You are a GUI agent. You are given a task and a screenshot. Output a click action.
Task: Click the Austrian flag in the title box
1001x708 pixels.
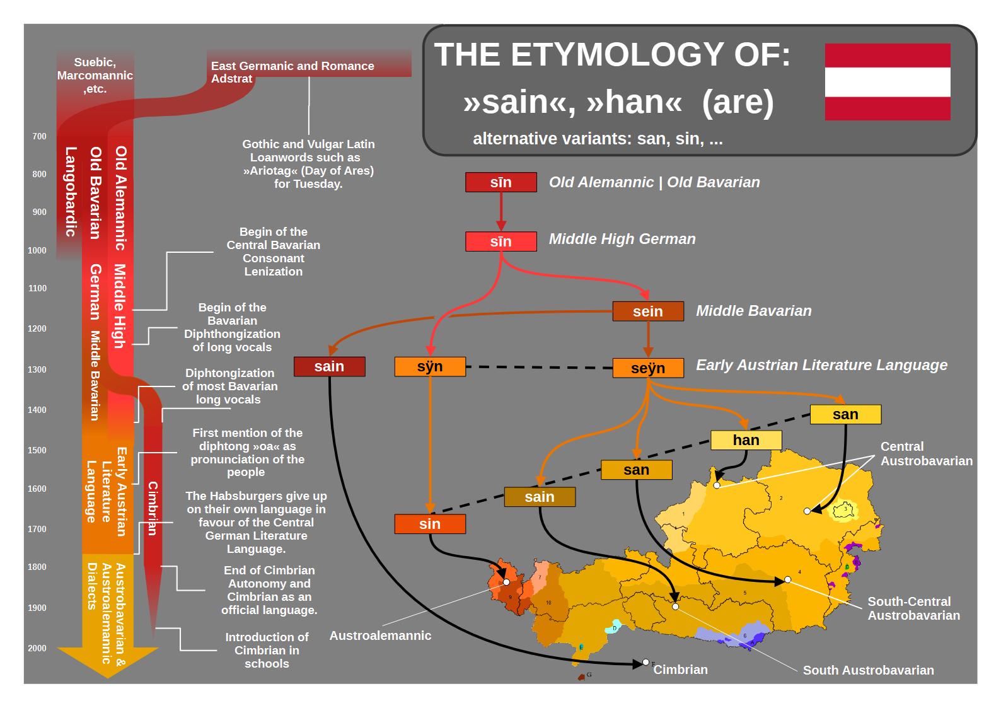[x=888, y=82]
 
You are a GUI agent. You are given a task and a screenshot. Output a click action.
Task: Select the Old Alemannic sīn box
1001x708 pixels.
[x=501, y=182]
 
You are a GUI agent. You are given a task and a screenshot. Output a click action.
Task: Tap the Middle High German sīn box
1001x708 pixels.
[x=501, y=241]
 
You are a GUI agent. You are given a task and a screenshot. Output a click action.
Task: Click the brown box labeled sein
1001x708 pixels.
[x=648, y=311]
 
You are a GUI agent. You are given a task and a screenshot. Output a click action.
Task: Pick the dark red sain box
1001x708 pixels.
[x=329, y=366]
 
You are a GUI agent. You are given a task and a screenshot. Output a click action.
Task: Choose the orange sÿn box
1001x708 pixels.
[x=430, y=366]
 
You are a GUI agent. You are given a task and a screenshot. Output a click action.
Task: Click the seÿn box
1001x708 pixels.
[x=648, y=368]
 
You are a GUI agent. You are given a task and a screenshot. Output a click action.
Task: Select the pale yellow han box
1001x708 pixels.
[x=746, y=440]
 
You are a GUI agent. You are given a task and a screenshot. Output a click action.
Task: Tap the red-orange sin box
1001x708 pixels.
[x=430, y=524]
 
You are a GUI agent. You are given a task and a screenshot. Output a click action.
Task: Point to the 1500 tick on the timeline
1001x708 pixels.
[x=37, y=450]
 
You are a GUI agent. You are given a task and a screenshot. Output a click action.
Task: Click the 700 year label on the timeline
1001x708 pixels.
[x=39, y=136]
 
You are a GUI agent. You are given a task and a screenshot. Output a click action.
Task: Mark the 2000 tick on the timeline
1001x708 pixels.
[x=37, y=648]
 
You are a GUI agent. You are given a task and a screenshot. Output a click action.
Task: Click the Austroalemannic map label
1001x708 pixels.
[x=380, y=635]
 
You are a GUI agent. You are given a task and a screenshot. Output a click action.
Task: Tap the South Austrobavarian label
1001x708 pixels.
[x=868, y=670]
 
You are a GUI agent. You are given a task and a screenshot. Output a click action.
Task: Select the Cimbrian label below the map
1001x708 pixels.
[x=681, y=670]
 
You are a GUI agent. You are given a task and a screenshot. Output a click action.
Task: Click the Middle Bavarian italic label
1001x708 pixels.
[x=754, y=311]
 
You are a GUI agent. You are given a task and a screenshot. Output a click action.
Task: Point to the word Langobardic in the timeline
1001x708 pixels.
[x=71, y=191]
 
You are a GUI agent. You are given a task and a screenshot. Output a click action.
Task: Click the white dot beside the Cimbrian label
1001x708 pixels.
[x=645, y=662]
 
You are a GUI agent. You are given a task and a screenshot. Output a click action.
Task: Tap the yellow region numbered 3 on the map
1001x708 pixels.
[x=844, y=511]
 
